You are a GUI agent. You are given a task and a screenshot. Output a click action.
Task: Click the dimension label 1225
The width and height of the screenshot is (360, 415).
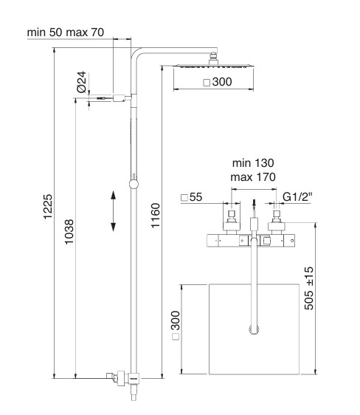[48, 207]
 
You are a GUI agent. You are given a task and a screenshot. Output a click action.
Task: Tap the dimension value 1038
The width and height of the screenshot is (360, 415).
[69, 232]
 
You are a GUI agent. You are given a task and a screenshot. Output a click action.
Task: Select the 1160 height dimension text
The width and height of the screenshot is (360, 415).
[156, 216]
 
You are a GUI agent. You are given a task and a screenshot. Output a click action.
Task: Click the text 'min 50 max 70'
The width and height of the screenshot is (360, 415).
[65, 32]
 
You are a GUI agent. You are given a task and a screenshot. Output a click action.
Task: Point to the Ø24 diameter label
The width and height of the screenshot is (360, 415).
[82, 82]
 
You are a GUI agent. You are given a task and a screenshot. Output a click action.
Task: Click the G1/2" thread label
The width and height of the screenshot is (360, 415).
[297, 197]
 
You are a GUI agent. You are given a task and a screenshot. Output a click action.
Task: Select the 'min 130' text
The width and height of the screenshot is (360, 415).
[253, 163]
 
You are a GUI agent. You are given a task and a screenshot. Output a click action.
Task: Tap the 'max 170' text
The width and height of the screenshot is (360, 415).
[253, 177]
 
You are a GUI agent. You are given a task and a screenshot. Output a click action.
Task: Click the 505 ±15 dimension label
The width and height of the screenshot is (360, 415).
[308, 288]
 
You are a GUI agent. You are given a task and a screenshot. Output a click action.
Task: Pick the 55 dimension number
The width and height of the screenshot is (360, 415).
[195, 197]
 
